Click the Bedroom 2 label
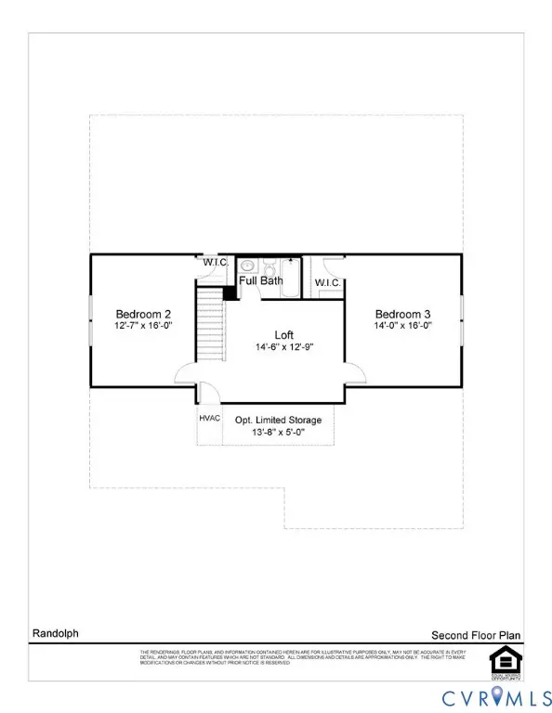coord(140,313)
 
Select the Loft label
coord(284,334)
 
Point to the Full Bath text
coord(261,279)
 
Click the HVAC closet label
coord(209,418)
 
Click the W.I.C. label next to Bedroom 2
coord(217,261)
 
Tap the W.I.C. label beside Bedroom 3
coord(326,282)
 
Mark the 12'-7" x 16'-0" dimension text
coord(140,327)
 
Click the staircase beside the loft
coord(213,325)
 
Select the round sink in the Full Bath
coord(246,265)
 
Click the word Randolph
coord(51,634)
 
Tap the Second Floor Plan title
coord(475,635)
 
